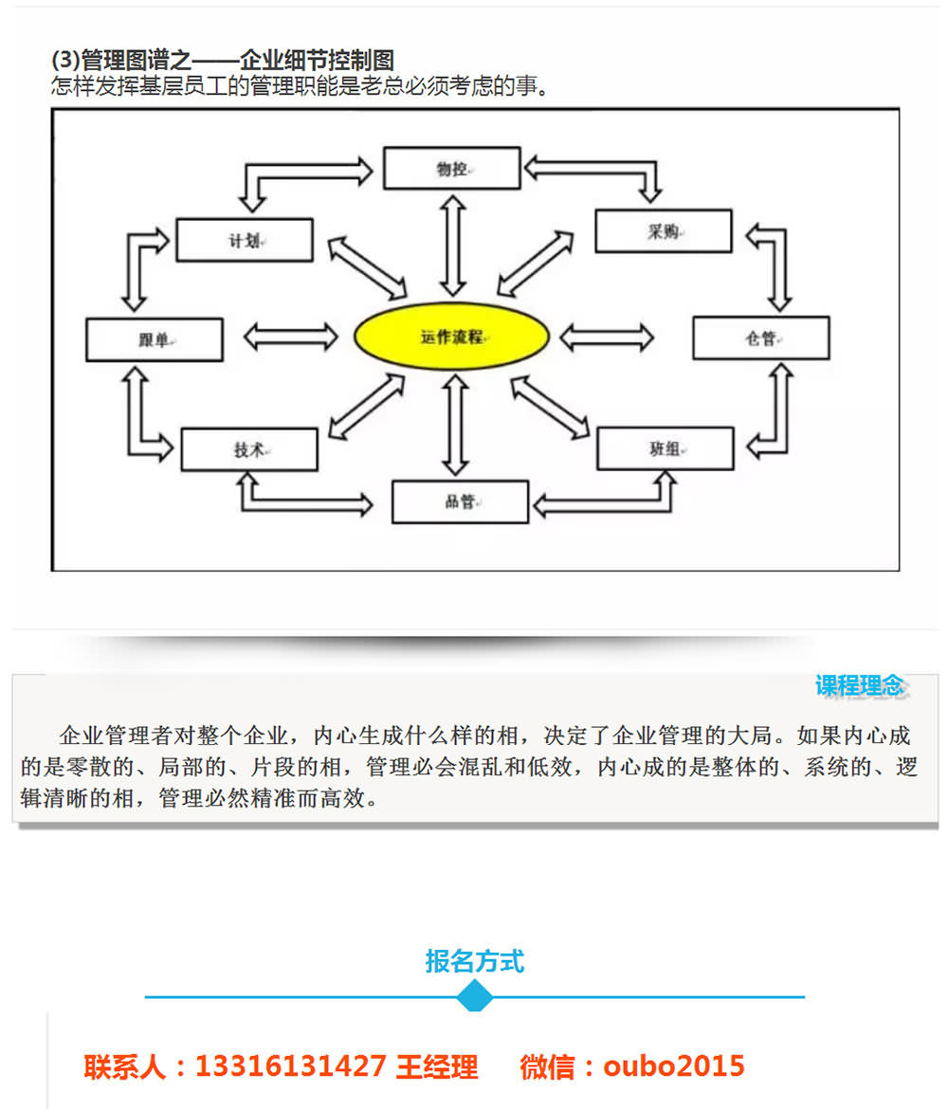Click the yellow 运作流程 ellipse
point(451,336)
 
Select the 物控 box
point(452,169)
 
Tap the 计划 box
point(244,241)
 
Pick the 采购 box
point(664,230)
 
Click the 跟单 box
point(155,339)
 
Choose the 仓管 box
point(761,338)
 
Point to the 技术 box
point(249,450)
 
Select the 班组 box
point(665,448)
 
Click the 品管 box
point(461,502)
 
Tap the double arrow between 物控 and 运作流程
point(453,245)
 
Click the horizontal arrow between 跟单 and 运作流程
point(291,336)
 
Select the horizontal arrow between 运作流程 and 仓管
point(607,337)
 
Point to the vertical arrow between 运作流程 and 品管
point(455,425)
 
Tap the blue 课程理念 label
point(860,686)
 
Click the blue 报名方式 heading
point(475,961)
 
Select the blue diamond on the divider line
point(475,996)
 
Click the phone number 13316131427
point(291,1065)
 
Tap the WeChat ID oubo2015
point(673,1065)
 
